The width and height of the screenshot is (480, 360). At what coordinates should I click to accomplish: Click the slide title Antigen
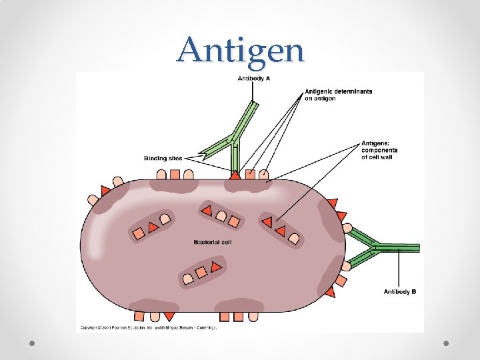point(240,49)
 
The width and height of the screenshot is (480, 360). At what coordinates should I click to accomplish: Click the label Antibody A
point(253,79)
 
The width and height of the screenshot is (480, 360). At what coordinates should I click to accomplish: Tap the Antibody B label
point(400,291)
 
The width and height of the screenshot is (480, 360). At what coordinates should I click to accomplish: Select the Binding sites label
point(163,158)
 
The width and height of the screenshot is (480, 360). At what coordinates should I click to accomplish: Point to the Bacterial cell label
point(213,242)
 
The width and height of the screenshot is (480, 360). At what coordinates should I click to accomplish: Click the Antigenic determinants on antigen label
point(338,95)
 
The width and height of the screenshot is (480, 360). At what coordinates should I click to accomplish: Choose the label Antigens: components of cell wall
point(379,150)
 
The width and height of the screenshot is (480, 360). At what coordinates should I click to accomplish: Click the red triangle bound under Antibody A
point(235,175)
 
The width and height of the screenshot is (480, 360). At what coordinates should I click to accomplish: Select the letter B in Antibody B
point(414,291)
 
